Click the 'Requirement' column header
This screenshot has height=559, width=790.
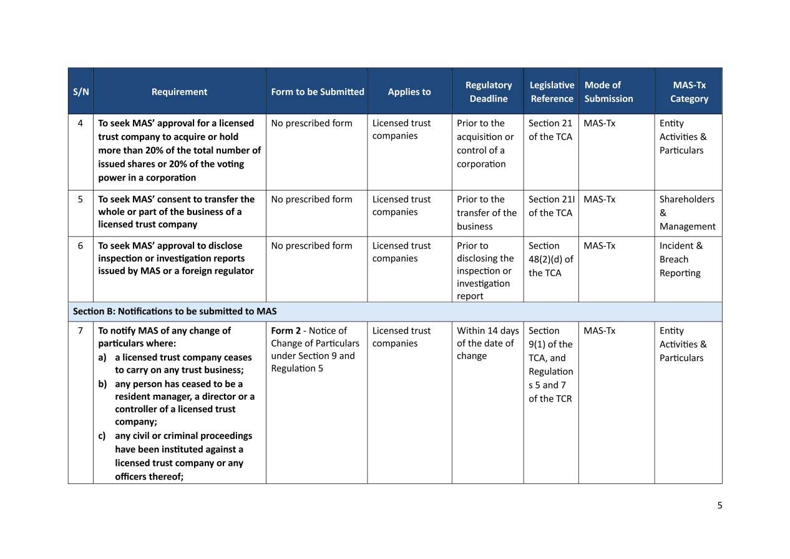pyautogui.click(x=179, y=92)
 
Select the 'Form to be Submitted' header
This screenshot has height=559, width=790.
pyautogui.click(x=317, y=92)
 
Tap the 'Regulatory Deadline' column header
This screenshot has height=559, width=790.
pyautogui.click(x=488, y=92)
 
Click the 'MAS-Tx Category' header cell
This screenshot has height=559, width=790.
pyautogui.click(x=689, y=92)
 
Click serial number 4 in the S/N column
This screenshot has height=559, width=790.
pyautogui.click(x=80, y=123)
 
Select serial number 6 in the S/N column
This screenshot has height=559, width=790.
pyautogui.click(x=80, y=245)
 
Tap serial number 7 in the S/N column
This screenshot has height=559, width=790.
pyautogui.click(x=80, y=330)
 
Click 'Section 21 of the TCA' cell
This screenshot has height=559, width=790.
pyautogui.click(x=550, y=130)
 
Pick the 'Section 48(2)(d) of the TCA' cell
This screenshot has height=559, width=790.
pyautogui.click(x=550, y=259)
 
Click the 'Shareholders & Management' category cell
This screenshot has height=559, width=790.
pyautogui.click(x=687, y=212)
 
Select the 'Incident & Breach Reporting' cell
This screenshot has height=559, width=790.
pyautogui.click(x=680, y=259)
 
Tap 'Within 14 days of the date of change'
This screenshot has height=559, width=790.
pyautogui.click(x=487, y=343)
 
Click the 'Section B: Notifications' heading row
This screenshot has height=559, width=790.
pyautogui.click(x=175, y=311)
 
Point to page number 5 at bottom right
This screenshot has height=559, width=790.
pyautogui.click(x=719, y=505)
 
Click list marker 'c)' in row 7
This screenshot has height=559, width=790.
pyautogui.click(x=102, y=435)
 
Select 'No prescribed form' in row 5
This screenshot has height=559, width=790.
pyautogui.click(x=311, y=199)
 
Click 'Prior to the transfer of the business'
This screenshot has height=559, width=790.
pyautogui.click(x=486, y=212)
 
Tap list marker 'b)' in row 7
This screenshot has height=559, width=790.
pyautogui.click(x=102, y=383)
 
